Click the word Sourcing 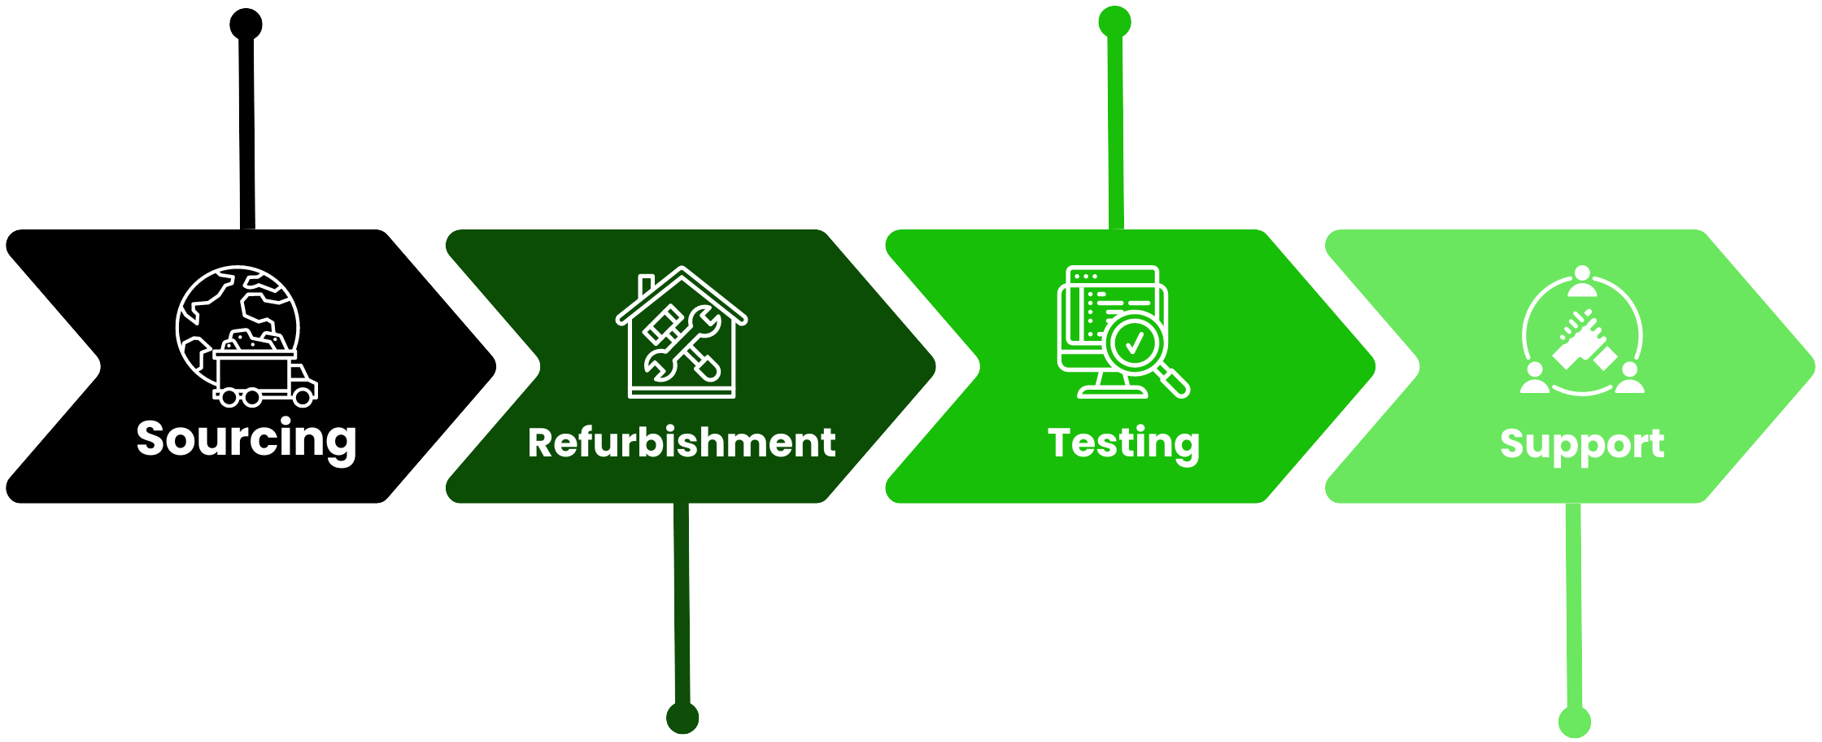[246, 439]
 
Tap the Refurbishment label [682, 443]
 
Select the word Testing [1123, 443]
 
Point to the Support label [1582, 443]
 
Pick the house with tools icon [682, 333]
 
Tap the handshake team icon [1582, 334]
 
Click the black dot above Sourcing [246, 24]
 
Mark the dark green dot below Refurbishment [682, 718]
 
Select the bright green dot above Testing [1114, 22]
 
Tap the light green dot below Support [1575, 722]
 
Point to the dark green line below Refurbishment [682, 602]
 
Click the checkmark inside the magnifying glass [1133, 343]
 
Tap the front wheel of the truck [303, 397]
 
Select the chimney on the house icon [647, 286]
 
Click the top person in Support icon [1582, 281]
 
